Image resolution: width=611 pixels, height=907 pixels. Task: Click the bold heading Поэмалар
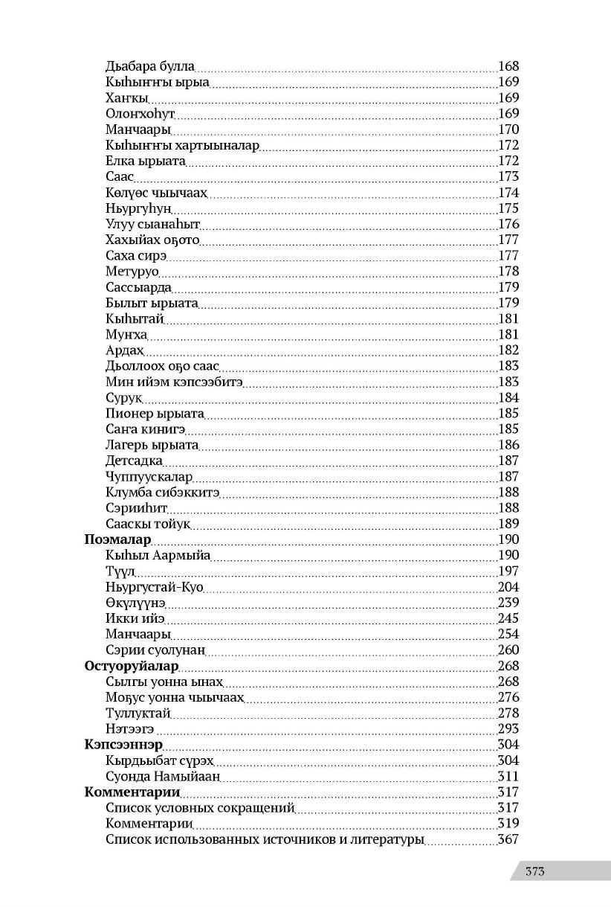click(x=118, y=539)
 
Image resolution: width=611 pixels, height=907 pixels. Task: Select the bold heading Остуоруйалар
click(x=132, y=666)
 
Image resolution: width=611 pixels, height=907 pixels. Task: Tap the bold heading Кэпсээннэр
click(x=123, y=745)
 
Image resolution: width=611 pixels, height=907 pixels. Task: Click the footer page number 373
click(x=534, y=871)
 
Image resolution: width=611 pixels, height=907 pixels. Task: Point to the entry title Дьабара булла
click(x=150, y=66)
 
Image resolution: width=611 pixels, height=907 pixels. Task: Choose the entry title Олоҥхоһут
click(x=140, y=114)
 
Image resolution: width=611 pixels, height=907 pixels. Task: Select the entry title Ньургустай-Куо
click(x=155, y=587)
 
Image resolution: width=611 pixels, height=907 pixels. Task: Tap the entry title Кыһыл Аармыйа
click(x=158, y=555)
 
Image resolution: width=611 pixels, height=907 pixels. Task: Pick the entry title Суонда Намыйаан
click(x=164, y=777)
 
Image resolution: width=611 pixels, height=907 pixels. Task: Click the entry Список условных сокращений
click(x=200, y=808)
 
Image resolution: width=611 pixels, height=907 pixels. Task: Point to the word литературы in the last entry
click(x=388, y=840)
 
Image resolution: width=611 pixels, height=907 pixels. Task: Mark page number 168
click(x=508, y=66)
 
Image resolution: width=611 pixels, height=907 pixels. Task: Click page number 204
click(x=508, y=587)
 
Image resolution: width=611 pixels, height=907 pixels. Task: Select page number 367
click(x=508, y=840)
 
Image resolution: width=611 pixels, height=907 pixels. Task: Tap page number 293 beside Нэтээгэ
click(x=508, y=729)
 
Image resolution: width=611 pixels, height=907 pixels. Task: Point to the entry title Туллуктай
click(x=138, y=714)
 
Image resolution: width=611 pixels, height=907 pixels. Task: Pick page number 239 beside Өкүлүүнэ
click(x=508, y=603)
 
